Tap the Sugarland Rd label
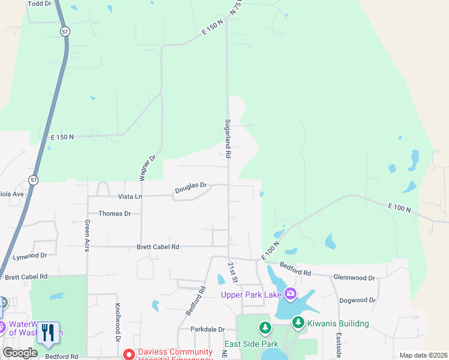tap(228, 137)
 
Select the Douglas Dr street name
tap(190, 188)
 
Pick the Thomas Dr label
tap(115, 214)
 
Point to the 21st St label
tap(233, 272)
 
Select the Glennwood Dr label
tap(354, 278)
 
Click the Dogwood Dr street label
tap(357, 300)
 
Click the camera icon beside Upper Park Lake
tap(291, 293)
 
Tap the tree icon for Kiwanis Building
tap(298, 323)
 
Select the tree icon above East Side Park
tap(265, 328)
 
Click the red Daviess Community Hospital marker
tap(128, 355)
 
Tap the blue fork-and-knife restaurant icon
tap(48, 332)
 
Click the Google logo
tap(20, 353)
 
